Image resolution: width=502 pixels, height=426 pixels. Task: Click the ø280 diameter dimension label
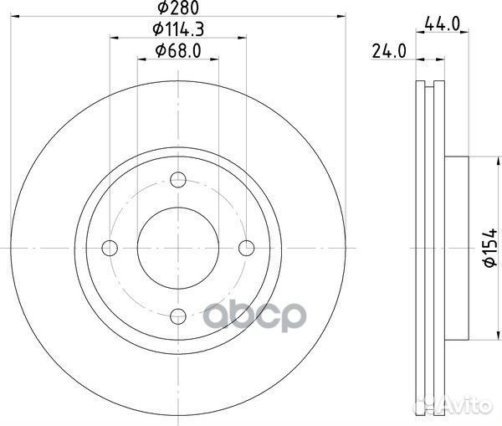click(x=178, y=9)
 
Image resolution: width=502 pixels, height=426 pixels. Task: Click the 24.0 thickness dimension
click(x=389, y=51)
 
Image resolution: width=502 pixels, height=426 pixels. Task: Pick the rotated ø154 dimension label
click(x=489, y=248)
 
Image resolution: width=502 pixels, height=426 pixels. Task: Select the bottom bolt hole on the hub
click(x=178, y=316)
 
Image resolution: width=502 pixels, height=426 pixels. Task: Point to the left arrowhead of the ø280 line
click(x=16, y=16)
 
